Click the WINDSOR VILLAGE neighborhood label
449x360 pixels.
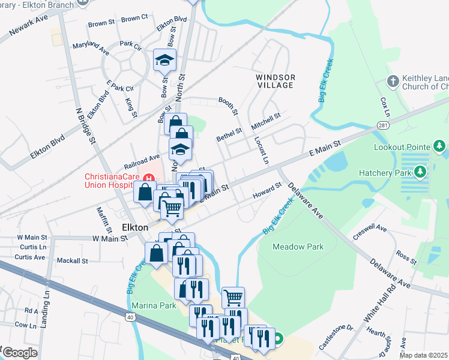tap(276, 81)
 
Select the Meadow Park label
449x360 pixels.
tap(298, 247)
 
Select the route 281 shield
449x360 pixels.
tap(382, 125)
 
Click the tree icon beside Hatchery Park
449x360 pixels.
tap(421, 173)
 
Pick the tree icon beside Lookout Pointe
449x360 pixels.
tap(439, 146)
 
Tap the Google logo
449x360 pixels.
tap(20, 353)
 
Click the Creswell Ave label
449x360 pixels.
tap(370, 229)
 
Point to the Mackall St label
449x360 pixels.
tap(72, 261)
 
